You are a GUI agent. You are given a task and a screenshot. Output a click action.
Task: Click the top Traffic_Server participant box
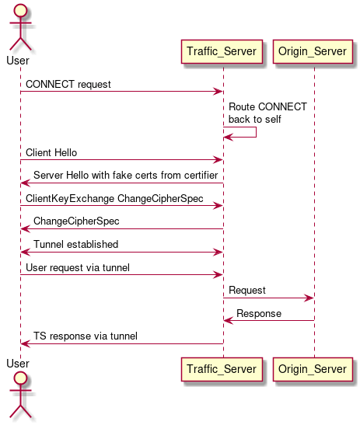tap(223, 51)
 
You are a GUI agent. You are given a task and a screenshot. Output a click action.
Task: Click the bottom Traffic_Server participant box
tap(223, 369)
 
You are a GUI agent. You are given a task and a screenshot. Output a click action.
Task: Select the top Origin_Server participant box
tap(314, 51)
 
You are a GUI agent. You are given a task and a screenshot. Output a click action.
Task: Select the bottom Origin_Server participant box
tap(314, 369)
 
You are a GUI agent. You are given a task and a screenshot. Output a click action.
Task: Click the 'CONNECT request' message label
tap(68, 83)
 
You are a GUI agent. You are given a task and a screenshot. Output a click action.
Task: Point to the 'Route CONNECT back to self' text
tap(267, 113)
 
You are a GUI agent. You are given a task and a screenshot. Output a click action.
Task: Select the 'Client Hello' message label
tap(51, 152)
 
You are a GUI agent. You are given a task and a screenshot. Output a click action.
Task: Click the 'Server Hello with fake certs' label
tap(125, 176)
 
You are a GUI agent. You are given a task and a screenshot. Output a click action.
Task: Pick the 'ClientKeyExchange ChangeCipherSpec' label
tap(114, 198)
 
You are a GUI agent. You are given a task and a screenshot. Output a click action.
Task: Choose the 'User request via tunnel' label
tap(78, 267)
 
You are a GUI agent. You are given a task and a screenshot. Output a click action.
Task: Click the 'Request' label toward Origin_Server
tap(246, 290)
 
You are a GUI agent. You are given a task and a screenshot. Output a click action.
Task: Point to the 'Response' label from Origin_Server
tap(259, 313)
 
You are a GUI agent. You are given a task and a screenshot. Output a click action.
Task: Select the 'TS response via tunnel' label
tap(85, 336)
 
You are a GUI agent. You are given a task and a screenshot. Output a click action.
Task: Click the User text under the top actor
tap(18, 60)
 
